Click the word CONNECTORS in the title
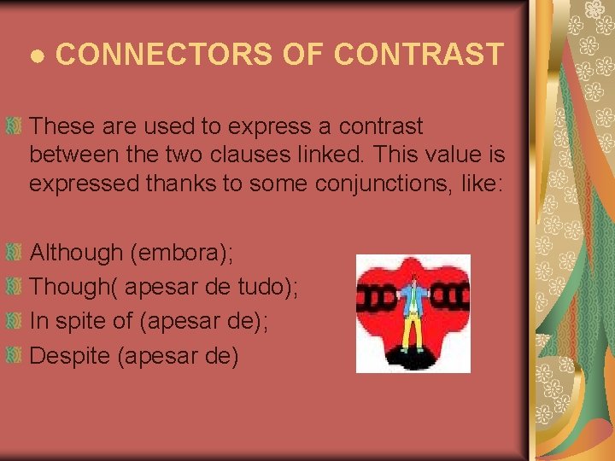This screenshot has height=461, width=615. (x=162, y=54)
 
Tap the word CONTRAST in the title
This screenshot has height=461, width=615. (x=419, y=54)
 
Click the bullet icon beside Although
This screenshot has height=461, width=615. (x=13, y=254)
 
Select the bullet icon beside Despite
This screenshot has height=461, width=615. (x=13, y=356)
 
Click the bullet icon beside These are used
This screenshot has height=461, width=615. (x=13, y=126)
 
